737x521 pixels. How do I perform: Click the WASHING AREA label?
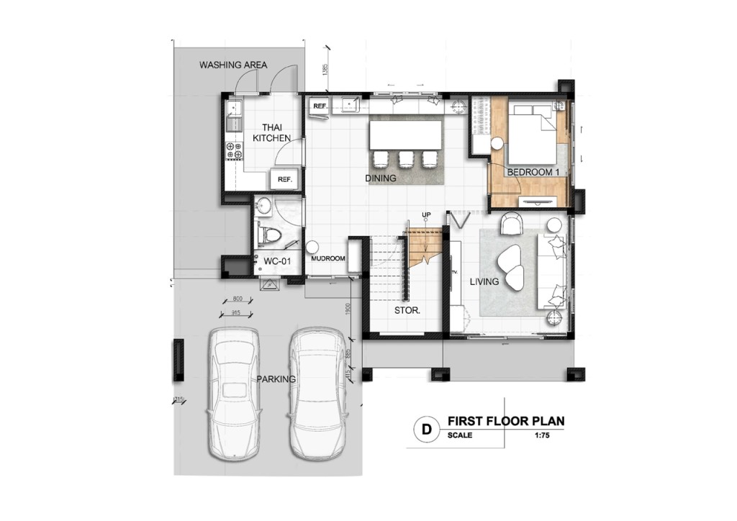[233, 65]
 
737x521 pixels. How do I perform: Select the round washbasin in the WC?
[263, 206]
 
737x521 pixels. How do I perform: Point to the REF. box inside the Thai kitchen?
[284, 180]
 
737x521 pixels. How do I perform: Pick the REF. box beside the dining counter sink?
[320, 107]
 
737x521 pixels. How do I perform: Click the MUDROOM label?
[327, 258]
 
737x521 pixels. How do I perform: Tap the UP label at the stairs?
[426, 215]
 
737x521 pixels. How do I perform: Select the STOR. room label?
[407, 311]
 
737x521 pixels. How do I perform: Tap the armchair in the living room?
[512, 224]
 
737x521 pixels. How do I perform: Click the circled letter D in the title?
[426, 430]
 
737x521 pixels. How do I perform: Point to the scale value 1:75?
[542, 435]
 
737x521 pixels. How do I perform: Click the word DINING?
[381, 178]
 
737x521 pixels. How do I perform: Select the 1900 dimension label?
[347, 309]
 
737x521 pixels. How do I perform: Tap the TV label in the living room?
[454, 272]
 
